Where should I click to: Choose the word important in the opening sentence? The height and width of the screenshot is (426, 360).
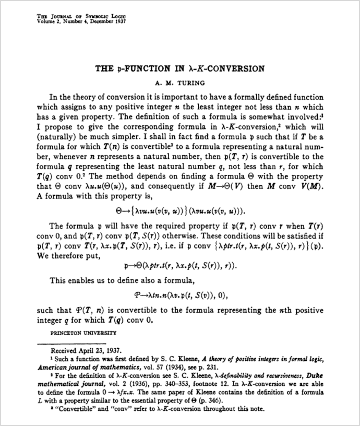(x=189, y=97)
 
